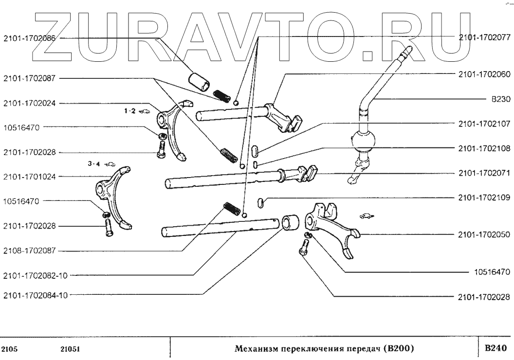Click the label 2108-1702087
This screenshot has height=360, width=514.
(x=29, y=251)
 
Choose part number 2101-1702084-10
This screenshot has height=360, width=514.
(x=36, y=294)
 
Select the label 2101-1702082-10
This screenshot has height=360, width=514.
(x=36, y=275)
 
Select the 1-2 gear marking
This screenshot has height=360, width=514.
(x=129, y=111)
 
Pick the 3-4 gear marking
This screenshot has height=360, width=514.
(x=94, y=164)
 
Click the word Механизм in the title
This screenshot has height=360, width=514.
(x=255, y=349)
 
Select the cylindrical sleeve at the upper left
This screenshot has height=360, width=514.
(x=200, y=80)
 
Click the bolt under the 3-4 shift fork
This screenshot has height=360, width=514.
(x=108, y=227)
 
